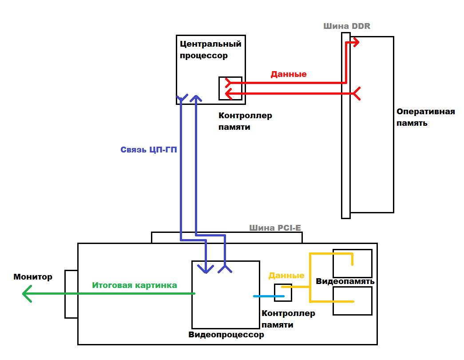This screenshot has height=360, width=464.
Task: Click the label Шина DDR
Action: coord(347,26)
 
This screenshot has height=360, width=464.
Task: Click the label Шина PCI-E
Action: coord(275,228)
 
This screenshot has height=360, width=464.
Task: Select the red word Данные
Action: coord(289,74)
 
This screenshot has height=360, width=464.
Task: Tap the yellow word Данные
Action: coord(286,276)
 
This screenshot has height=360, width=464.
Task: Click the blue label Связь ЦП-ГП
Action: coord(149,150)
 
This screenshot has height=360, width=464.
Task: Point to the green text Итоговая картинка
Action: coord(135,285)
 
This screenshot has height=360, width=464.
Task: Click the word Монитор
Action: coord(33,277)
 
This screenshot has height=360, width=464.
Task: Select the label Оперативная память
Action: coord(425,117)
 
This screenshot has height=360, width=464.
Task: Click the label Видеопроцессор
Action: coord(226,335)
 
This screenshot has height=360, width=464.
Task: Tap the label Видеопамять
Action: coord(345,282)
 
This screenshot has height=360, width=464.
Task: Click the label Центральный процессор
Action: coord(210,50)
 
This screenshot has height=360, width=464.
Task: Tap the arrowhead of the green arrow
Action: coord(26,294)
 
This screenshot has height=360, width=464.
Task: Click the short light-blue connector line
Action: coord(263,296)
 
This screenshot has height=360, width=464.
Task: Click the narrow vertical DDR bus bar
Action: coord(346,133)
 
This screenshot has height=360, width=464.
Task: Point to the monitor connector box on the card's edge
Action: coord(71,294)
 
